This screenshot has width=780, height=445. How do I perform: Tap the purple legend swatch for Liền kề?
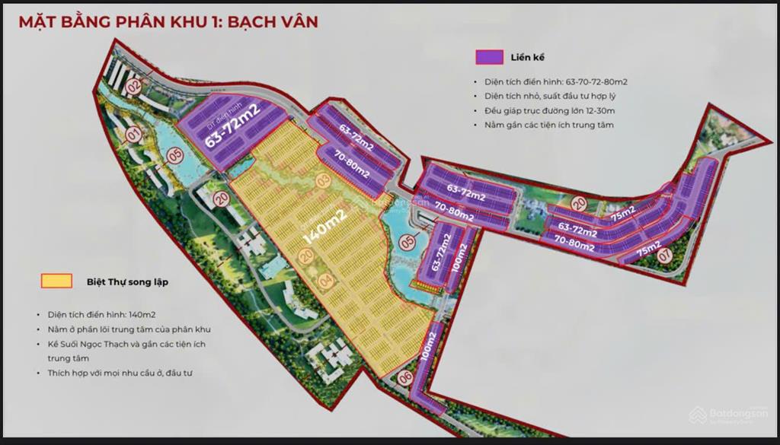(489, 57)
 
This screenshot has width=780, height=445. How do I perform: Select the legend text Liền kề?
(528, 57)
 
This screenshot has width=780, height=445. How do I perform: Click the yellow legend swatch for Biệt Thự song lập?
(56, 281)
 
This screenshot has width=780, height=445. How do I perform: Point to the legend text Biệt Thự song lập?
(122, 281)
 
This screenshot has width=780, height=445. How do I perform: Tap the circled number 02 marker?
(135, 86)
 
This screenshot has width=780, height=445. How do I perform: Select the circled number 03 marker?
(324, 180)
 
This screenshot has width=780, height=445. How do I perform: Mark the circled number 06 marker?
(405, 377)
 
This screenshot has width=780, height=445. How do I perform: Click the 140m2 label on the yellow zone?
(325, 226)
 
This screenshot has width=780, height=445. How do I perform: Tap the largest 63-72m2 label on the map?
(232, 129)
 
